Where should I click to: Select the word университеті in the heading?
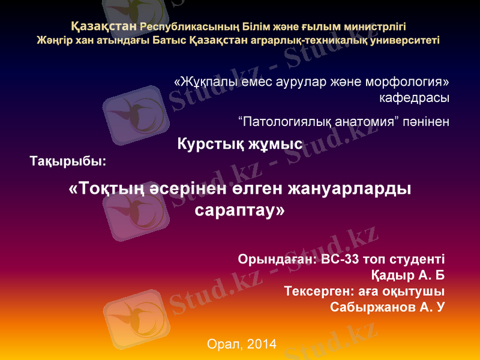point(401,41)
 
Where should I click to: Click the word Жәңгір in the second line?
point(53,41)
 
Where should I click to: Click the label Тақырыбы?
point(68,161)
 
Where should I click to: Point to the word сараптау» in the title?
point(241,211)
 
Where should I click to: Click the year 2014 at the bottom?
point(261,344)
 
